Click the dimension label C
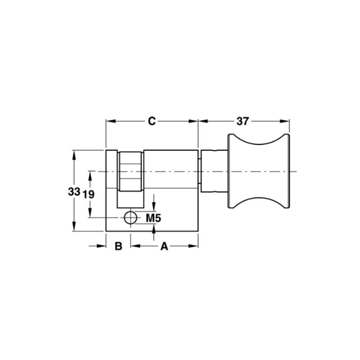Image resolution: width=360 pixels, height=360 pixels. [x=152, y=121]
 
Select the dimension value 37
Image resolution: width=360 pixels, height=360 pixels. [x=243, y=121]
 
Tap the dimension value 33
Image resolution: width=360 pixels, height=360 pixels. [x=74, y=192]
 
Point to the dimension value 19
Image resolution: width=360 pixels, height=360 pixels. [x=88, y=194]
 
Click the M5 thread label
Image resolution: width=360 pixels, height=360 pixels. [x=153, y=218]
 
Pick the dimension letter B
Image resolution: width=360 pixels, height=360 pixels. [x=118, y=246]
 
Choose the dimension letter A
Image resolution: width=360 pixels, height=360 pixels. [x=164, y=246]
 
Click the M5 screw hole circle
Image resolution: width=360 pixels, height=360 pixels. [x=130, y=218]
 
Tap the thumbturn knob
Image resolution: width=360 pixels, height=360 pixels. [x=258, y=171]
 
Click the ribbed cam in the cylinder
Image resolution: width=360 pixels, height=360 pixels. [x=130, y=171]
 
